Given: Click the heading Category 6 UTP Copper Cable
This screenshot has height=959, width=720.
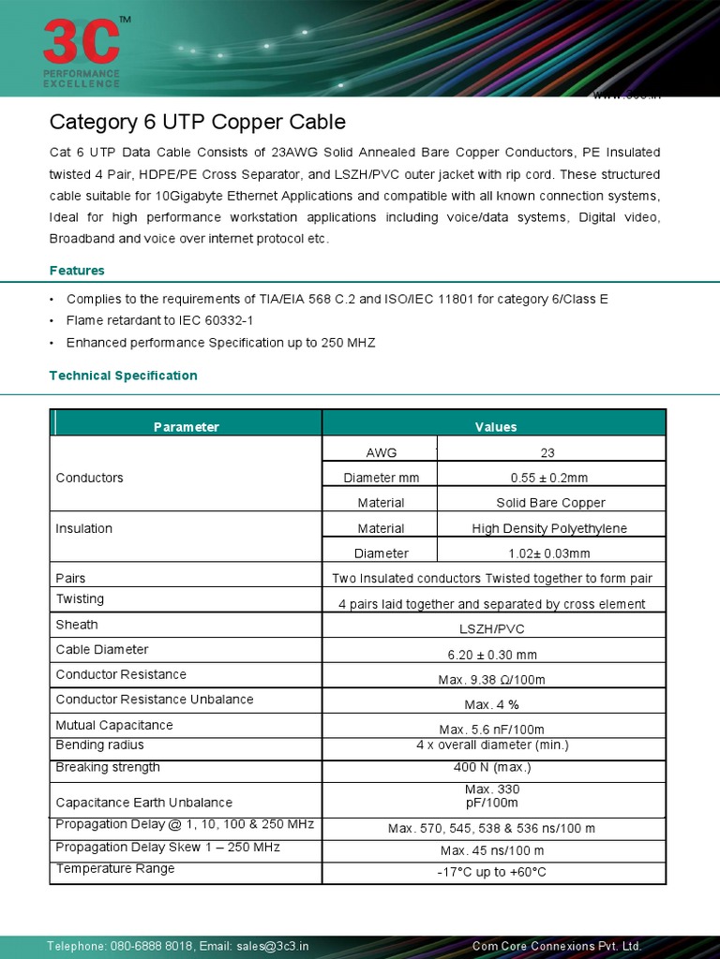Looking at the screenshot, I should (197, 122).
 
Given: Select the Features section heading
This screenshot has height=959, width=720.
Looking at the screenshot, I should (77, 271).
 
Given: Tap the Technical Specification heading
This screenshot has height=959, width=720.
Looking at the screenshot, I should (123, 376).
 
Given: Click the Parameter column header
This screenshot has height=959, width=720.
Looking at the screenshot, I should (186, 427).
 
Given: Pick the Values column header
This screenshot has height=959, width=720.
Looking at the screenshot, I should (495, 427).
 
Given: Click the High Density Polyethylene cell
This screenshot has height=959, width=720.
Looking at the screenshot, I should (549, 528).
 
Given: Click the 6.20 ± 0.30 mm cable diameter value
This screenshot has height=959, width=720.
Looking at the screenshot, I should (493, 655).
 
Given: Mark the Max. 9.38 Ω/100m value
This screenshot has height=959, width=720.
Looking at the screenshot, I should (493, 680).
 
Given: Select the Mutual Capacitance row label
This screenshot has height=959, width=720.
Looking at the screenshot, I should (114, 725).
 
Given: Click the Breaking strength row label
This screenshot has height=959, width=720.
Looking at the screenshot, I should (108, 767).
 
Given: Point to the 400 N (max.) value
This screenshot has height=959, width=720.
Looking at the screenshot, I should (493, 767).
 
